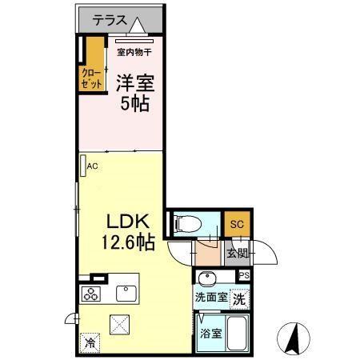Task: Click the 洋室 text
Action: [x=134, y=82]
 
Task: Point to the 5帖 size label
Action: [x=134, y=104]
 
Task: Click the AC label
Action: [x=92, y=166]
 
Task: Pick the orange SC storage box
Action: [x=237, y=224]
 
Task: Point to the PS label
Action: [x=243, y=276]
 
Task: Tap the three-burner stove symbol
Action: [x=90, y=294]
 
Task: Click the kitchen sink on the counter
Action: [x=125, y=292]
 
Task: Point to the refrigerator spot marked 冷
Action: [x=87, y=340]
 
